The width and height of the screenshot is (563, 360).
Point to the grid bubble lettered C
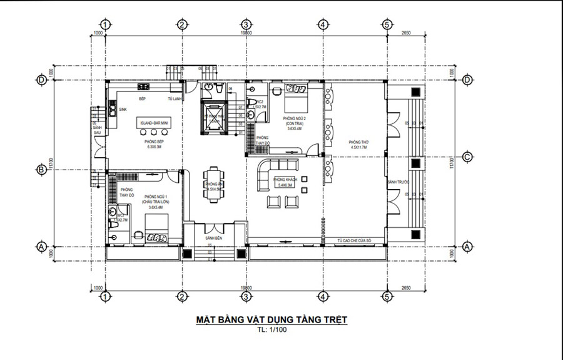tap(467, 157)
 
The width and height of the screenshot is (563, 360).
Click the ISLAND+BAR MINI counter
tap(154, 124)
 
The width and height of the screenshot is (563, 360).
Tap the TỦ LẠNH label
tap(175, 99)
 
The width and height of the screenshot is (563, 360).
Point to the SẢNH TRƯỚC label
tap(398, 182)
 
